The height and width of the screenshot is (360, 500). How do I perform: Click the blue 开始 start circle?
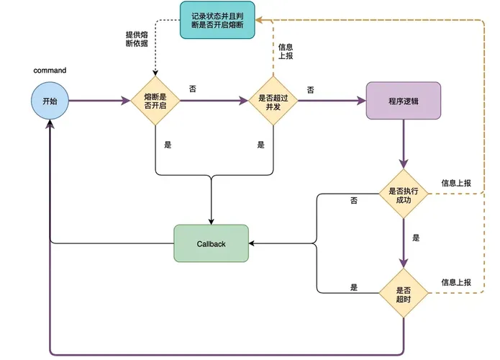pyautogui.click(x=50, y=101)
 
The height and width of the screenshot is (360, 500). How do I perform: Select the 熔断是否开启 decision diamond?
pyautogui.click(x=155, y=101)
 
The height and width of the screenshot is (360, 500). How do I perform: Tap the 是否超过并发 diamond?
pyautogui.click(x=273, y=101)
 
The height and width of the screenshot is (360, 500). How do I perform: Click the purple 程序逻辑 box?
pyautogui.click(x=404, y=101)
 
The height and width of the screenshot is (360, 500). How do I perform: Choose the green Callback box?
pyautogui.click(x=211, y=243)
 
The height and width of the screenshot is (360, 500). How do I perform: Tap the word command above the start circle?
pyautogui.click(x=50, y=71)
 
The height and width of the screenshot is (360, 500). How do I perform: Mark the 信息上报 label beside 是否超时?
pyautogui.click(x=456, y=282)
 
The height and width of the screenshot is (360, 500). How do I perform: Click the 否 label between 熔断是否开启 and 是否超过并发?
pyautogui.click(x=192, y=89)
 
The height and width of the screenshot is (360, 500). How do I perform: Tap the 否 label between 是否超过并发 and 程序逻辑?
pyautogui.click(x=311, y=90)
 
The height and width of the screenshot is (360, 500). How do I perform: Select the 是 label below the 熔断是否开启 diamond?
pyautogui.click(x=168, y=145)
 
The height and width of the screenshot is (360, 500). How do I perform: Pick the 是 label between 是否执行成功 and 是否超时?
pyautogui.click(x=416, y=237)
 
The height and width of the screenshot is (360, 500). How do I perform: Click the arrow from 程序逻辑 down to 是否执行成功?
pyautogui.click(x=404, y=144)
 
